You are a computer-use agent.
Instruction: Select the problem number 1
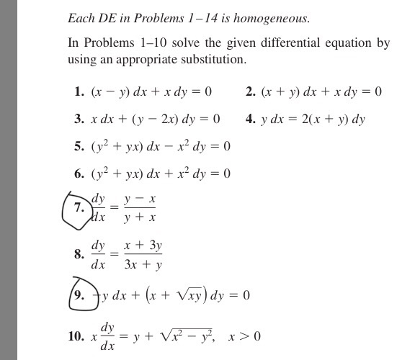[79, 92]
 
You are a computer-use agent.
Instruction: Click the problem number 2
[250, 91]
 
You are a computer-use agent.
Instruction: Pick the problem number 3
[79, 119]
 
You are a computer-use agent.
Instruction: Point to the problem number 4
[250, 119]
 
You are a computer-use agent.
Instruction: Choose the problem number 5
[79, 147]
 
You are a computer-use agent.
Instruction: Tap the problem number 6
[79, 174]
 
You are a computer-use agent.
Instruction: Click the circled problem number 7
[79, 207]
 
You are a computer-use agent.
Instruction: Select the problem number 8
[79, 254]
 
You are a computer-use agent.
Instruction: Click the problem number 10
[76, 337]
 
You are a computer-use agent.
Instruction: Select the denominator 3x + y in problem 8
[143, 265]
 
